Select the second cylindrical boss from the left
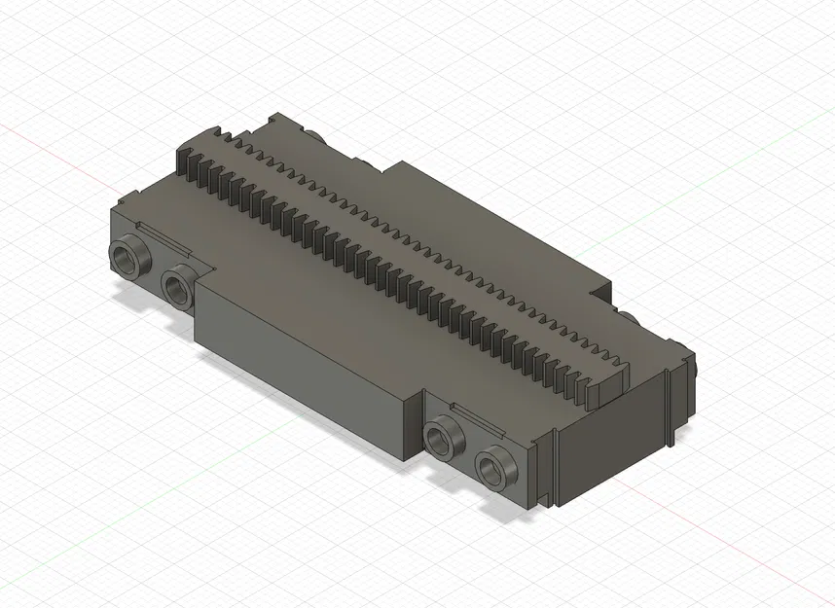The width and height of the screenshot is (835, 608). (178, 285)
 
